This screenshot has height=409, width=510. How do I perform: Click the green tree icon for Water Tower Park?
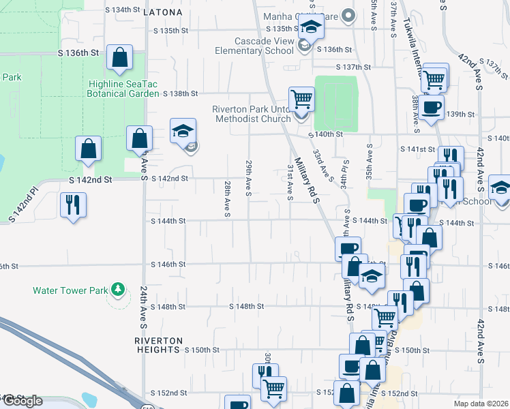pos(119,290)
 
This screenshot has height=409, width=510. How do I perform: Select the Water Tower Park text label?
pos(70,290)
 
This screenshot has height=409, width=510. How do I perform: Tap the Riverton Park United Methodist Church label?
pos(252,114)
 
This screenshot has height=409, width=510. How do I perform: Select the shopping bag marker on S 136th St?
pos(119,59)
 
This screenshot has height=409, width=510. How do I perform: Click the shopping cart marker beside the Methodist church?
pos(301,100)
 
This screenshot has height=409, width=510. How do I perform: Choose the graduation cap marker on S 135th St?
pos(311,29)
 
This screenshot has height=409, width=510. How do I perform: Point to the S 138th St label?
pos(176,93)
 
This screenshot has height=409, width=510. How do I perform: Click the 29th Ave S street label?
pos(249,176)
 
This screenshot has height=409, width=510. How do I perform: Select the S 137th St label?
pos(354,67)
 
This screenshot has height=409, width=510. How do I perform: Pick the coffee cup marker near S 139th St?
pos(431,108)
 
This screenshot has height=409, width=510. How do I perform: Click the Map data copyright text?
pos(481,404)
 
